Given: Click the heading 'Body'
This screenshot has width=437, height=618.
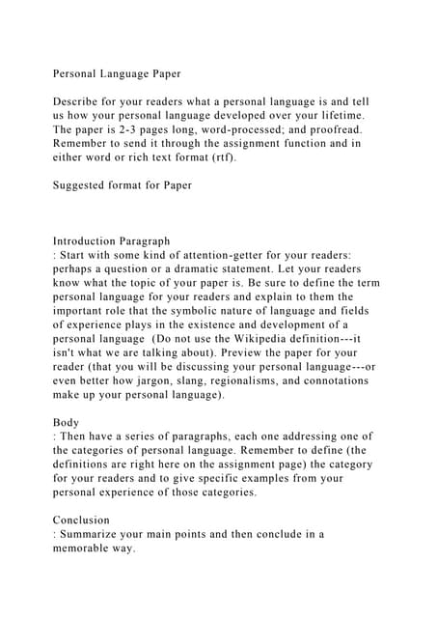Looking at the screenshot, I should [68, 422].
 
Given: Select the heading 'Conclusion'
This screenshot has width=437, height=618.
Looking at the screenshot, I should [81, 520].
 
